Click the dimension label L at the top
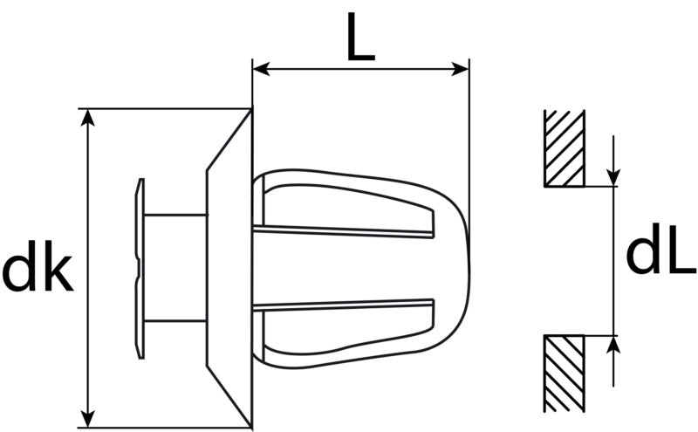(x=361, y=37)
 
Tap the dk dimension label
(x=38, y=266)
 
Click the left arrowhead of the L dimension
(x=261, y=69)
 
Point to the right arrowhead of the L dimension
(x=461, y=69)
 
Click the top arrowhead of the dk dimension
(x=89, y=117)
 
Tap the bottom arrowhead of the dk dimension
(x=89, y=418)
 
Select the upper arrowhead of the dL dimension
(x=614, y=177)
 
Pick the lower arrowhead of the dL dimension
(x=614, y=344)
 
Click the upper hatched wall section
(x=564, y=147)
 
